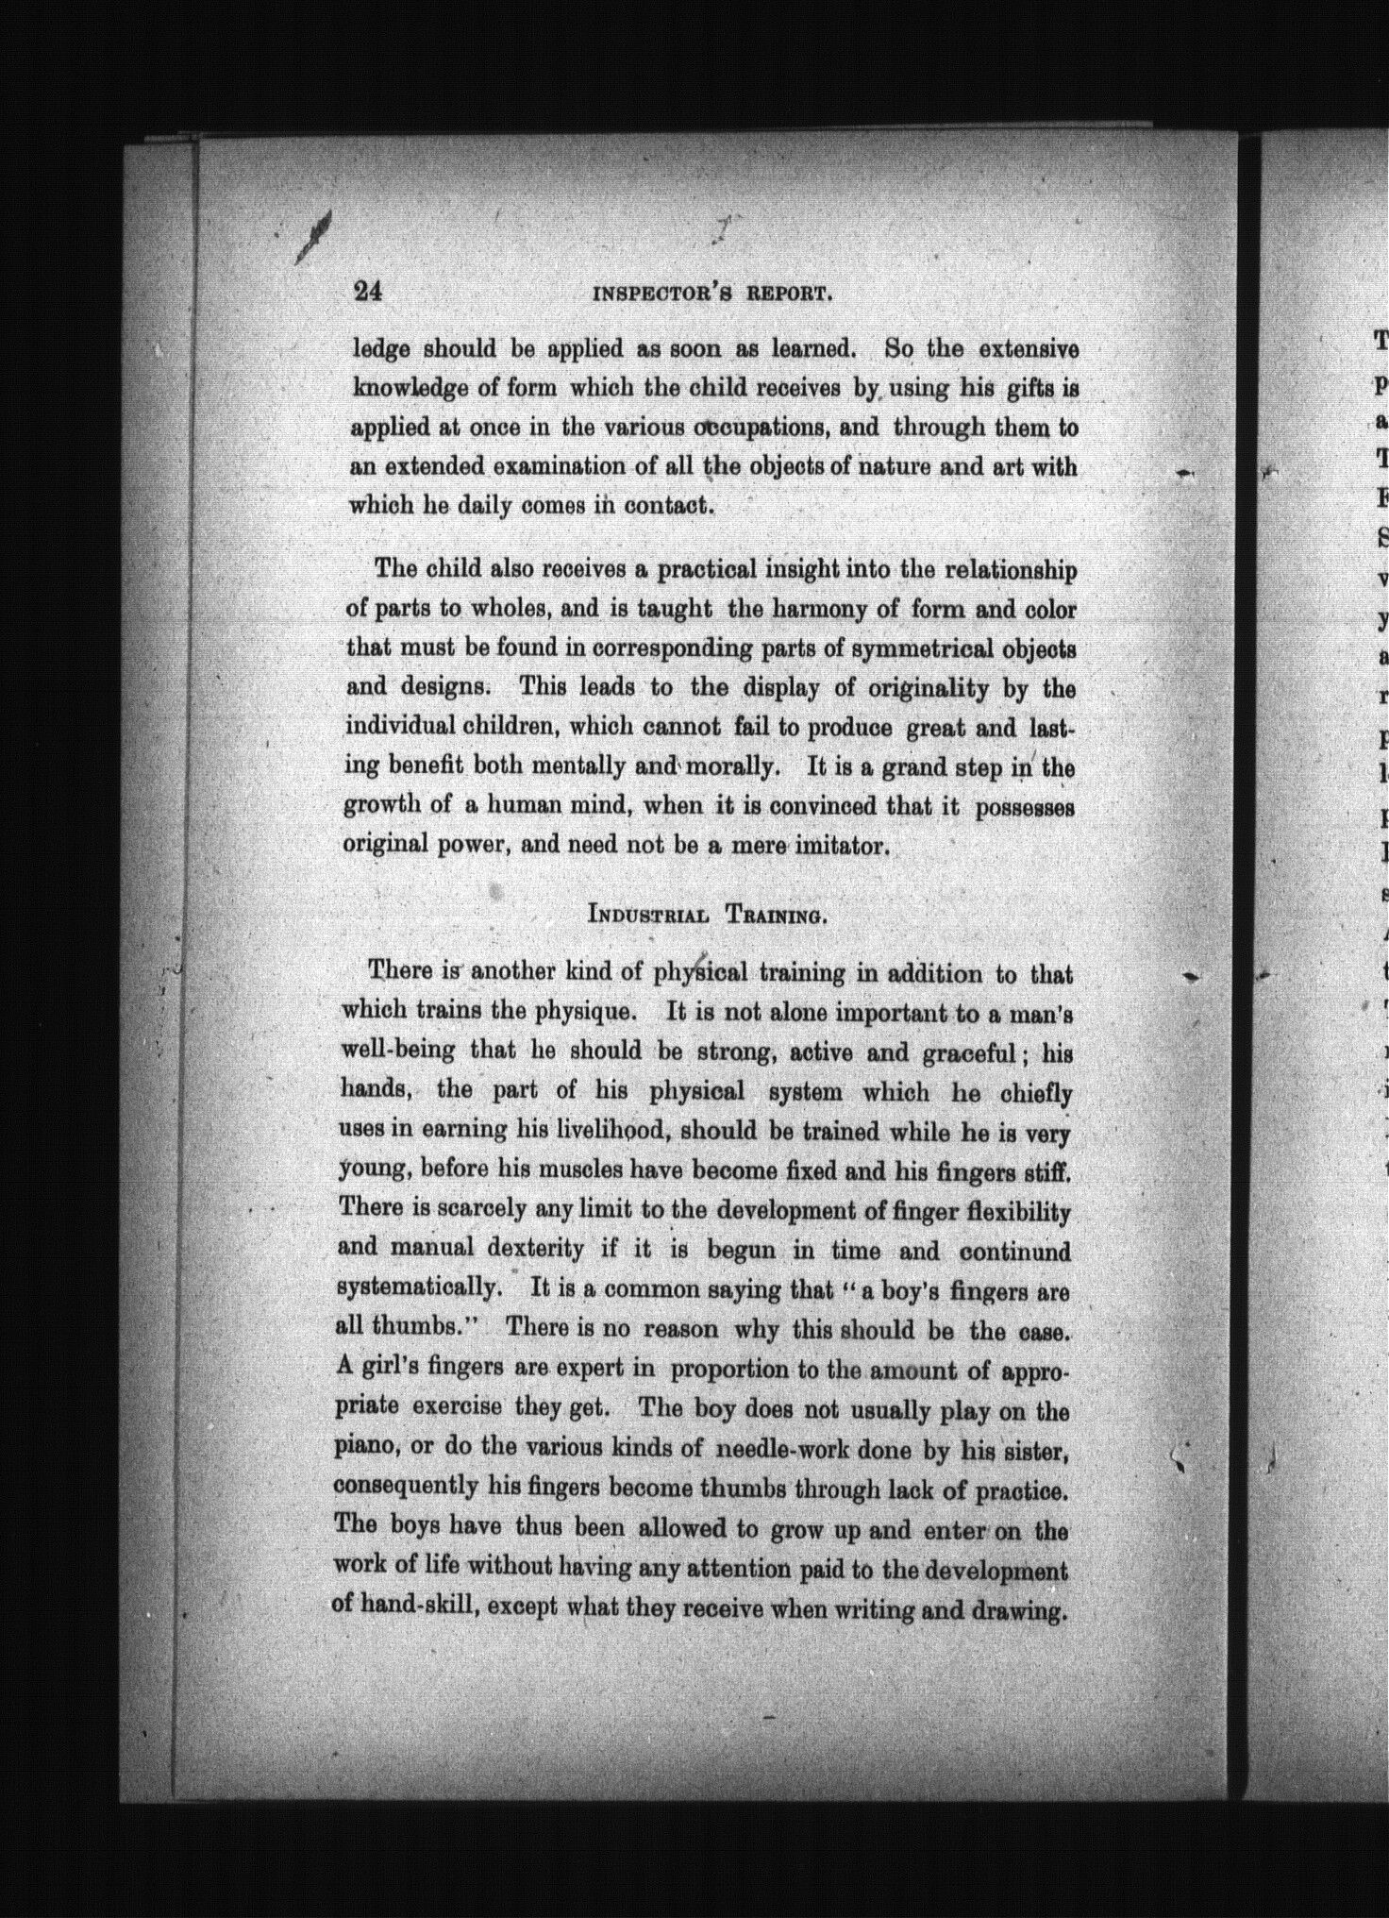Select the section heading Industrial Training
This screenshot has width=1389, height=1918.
(x=709, y=914)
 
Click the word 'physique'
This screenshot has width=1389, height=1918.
(x=584, y=1011)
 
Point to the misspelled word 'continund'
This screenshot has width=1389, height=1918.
(x=1015, y=1252)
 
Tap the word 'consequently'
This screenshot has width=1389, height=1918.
(x=406, y=1486)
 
